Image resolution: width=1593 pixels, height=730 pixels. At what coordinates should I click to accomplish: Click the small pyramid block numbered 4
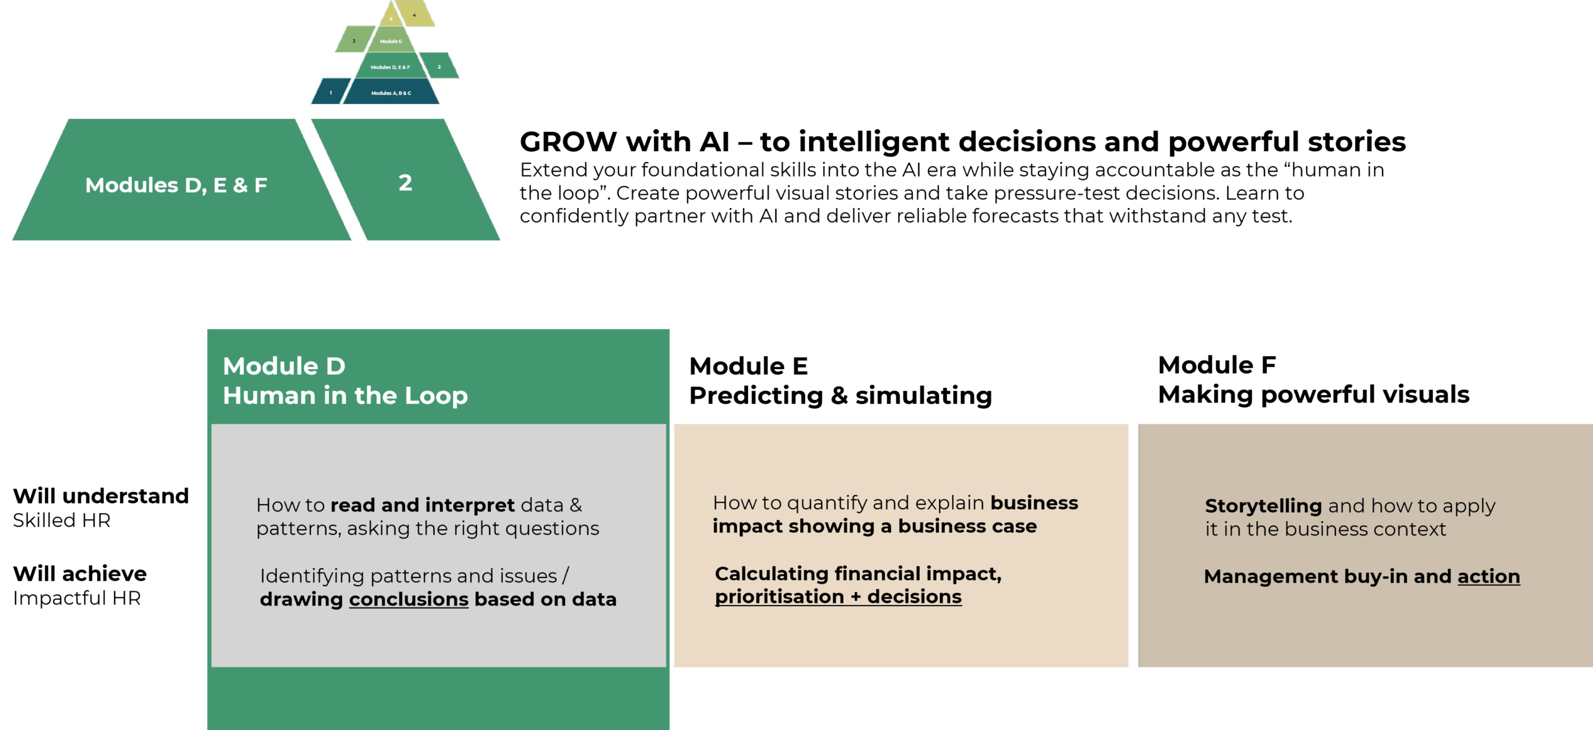coord(415,14)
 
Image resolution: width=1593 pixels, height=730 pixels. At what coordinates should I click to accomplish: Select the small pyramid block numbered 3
coord(354,40)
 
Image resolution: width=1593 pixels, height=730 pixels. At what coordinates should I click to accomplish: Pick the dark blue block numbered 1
coord(330,93)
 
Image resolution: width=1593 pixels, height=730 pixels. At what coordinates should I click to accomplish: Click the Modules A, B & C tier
coord(391,93)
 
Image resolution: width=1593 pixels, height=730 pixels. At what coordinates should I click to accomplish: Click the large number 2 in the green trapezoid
coord(405,182)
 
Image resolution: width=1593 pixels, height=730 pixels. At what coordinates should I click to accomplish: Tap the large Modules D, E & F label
coord(176,185)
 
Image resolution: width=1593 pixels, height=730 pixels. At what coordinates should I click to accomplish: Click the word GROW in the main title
coord(568,142)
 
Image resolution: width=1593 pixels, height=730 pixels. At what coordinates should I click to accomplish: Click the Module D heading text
coord(284,366)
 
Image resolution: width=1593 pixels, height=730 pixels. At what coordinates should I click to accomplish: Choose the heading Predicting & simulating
coord(841,396)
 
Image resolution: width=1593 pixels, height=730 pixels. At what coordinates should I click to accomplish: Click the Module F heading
coord(1217,365)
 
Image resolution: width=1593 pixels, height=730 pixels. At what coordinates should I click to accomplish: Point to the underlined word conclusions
coord(408,599)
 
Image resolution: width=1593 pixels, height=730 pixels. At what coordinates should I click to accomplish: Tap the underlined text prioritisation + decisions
coord(838,597)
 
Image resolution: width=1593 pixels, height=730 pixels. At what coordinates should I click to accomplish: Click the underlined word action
coord(1488,576)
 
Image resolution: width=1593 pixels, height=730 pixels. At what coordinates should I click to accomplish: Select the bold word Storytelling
coord(1263,505)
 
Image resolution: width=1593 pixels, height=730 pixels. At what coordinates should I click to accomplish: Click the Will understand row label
coord(101,496)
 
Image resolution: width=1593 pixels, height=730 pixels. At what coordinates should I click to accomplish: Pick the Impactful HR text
coord(77,598)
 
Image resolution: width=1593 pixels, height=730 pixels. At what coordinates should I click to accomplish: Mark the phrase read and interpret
coord(423,505)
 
